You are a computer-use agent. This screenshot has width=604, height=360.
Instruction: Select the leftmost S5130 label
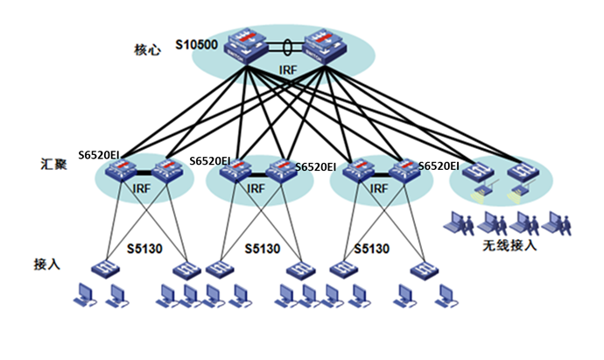(x=144, y=249)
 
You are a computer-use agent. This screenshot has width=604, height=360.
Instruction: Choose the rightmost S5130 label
(x=372, y=249)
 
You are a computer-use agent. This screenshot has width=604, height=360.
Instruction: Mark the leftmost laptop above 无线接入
(x=459, y=222)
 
